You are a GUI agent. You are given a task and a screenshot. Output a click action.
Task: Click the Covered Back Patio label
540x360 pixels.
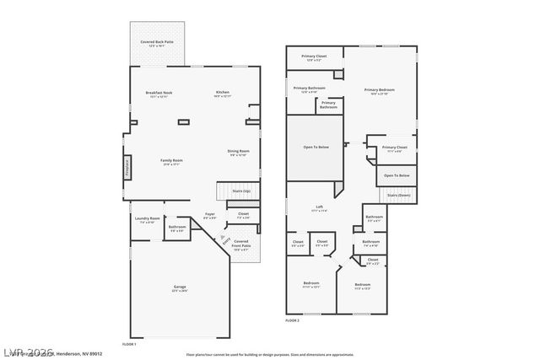(158, 42)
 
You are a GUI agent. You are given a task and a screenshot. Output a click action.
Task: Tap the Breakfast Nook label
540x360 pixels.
(159, 94)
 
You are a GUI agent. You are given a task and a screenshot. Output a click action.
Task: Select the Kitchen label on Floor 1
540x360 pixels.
(223, 94)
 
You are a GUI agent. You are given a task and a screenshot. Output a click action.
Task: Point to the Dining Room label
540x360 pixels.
(238, 153)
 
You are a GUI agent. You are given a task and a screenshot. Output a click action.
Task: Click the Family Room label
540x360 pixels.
(172, 162)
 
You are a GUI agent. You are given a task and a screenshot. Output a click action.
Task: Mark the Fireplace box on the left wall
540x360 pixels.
(127, 167)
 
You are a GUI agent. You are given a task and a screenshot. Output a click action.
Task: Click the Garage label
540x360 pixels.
(180, 288)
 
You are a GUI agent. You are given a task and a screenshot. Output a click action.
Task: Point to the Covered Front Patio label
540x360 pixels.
(241, 245)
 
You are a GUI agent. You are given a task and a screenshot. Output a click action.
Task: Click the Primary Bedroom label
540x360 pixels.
(379, 91)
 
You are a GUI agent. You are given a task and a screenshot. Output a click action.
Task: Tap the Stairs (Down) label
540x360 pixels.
(397, 196)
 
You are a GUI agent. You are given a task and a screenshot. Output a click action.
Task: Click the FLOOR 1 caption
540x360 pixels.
(129, 344)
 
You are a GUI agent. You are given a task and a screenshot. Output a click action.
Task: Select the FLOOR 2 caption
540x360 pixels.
(292, 321)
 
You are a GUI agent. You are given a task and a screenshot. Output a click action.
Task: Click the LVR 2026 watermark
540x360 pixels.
(28, 349)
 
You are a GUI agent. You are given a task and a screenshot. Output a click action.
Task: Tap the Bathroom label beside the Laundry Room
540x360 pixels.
(177, 228)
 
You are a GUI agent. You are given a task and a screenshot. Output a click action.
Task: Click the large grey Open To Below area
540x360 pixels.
(316, 148)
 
